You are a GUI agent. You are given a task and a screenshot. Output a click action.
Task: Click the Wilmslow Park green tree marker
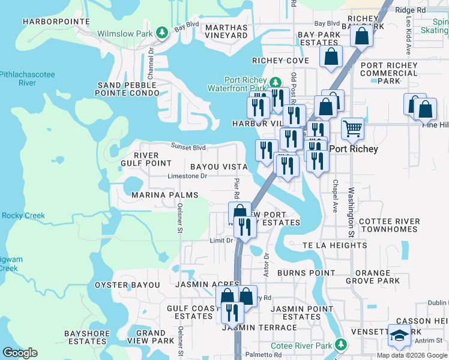point(161,34)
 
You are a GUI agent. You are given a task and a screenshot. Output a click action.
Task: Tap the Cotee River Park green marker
point(341,344)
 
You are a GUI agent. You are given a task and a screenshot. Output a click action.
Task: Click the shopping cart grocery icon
point(352,128)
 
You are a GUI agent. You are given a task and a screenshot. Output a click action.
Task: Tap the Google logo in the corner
point(20,353)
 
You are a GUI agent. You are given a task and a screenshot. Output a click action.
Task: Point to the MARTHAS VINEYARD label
point(226,31)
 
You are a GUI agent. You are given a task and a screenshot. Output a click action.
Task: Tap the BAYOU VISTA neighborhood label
point(218,166)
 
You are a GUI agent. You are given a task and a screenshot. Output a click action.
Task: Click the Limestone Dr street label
point(187,176)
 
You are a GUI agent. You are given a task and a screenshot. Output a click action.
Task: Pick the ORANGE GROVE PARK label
point(373,277)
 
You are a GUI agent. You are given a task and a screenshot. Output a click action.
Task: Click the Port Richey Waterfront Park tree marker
point(275,83)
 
